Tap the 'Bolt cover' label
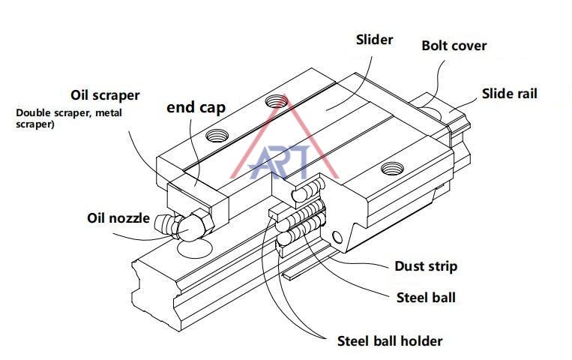(x=454, y=46)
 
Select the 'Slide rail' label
(x=509, y=94)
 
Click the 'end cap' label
(x=196, y=106)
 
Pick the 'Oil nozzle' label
(x=118, y=219)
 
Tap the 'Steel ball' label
(x=425, y=297)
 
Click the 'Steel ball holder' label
(x=390, y=340)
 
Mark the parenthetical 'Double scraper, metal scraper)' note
(x=67, y=118)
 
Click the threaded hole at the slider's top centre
(x=276, y=100)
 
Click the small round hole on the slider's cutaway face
(x=337, y=238)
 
